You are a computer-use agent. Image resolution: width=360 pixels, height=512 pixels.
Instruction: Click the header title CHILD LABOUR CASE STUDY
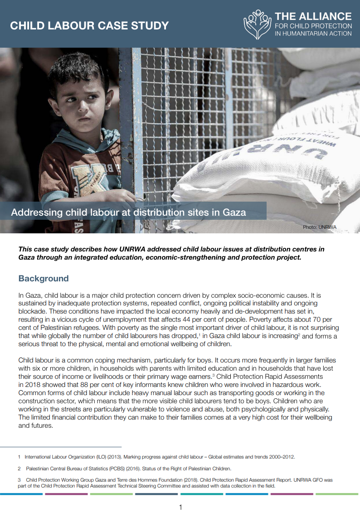tap(89, 25)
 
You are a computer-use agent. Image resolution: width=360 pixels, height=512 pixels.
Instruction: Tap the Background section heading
tap(44, 278)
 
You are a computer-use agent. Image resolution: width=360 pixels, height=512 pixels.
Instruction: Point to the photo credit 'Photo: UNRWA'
tap(320, 227)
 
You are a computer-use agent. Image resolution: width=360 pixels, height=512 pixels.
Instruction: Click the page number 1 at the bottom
tap(180, 507)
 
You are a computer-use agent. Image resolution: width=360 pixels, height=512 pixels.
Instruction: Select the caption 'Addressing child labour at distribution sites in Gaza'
tap(128, 213)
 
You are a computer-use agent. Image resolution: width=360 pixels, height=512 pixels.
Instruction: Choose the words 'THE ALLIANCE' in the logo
tap(313, 17)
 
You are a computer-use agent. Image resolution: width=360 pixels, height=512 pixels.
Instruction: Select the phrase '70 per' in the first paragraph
tap(329, 319)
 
